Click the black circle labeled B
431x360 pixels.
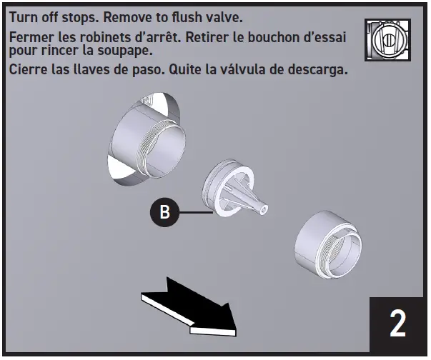point(164,213)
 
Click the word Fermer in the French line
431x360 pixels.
point(32,36)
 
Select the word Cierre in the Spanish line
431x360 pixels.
point(29,71)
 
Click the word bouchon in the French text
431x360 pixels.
point(266,36)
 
